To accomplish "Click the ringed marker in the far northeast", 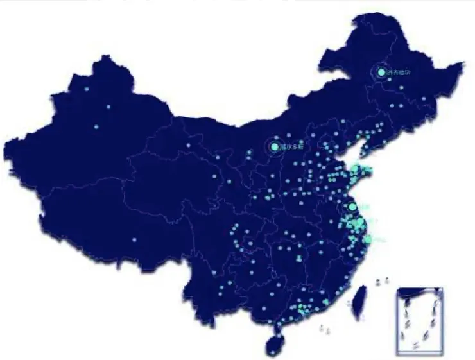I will point(381,73).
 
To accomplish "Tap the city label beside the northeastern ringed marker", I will point(398,73).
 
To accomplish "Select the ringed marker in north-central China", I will point(275,147).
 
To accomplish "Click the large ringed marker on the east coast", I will point(352,207).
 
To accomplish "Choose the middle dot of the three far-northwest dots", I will point(108,107).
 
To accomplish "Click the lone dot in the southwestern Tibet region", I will point(134,240).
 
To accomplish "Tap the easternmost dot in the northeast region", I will point(424,98).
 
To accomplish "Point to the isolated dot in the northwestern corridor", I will point(189,145).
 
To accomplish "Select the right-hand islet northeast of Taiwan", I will point(387,280).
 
